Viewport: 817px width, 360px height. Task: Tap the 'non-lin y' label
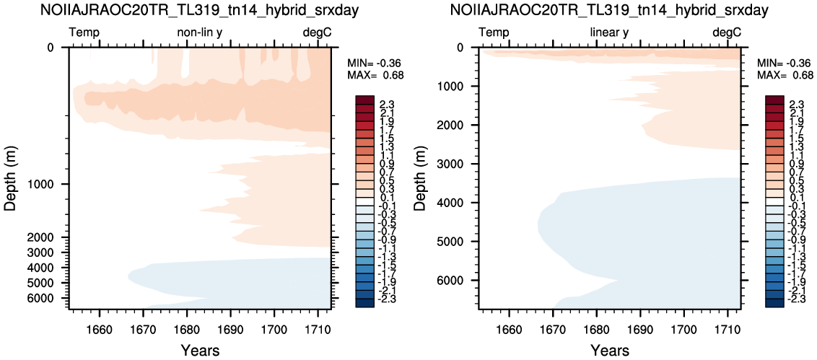(x=200, y=33)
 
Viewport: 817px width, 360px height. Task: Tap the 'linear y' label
(x=610, y=33)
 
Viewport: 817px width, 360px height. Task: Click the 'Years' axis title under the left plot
(x=200, y=349)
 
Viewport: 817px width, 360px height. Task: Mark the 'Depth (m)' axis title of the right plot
(x=421, y=179)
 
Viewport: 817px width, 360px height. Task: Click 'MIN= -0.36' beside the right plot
(x=779, y=63)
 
